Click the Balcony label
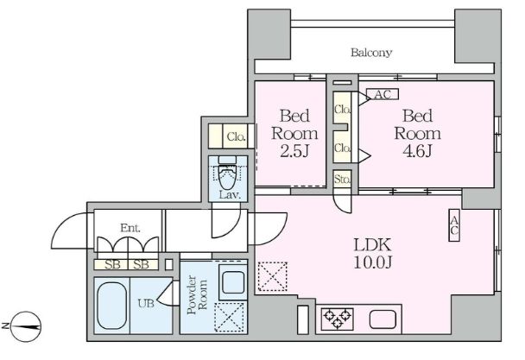point(371,53)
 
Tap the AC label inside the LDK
point(453,225)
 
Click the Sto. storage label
point(341,180)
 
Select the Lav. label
point(229,195)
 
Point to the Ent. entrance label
point(130,228)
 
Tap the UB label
point(146,303)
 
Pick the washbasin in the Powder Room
point(231,281)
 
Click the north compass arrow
point(26,326)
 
